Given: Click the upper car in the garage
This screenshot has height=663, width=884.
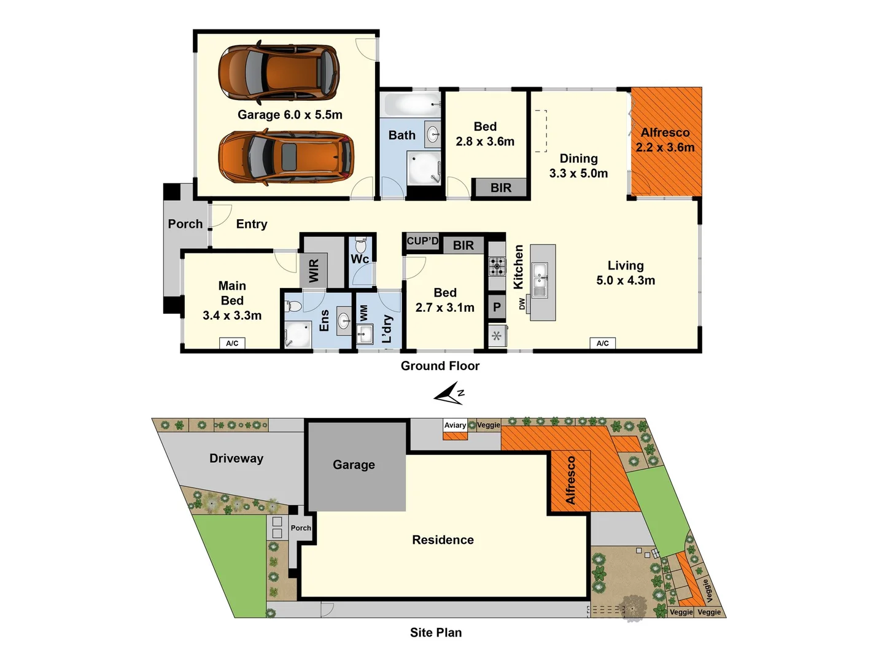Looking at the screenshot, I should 279,72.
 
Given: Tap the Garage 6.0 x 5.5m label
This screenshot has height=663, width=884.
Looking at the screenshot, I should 290,115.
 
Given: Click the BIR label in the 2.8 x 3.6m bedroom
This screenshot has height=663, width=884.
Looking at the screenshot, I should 501,188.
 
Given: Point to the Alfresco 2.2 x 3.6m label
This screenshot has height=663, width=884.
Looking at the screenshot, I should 665,140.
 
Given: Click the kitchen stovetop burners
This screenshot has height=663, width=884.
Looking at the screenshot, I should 497,266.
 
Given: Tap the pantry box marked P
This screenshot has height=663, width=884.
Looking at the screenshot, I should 497,307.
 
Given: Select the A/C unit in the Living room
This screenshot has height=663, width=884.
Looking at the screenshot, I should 602,343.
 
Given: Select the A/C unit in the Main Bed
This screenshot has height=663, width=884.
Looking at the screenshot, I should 232,343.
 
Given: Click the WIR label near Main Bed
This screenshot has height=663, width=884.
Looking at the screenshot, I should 314,271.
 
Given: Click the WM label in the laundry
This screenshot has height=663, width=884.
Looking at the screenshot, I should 364,313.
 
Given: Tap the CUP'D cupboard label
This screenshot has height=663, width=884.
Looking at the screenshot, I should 422,241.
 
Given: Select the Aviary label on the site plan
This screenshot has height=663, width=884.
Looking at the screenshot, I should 455,425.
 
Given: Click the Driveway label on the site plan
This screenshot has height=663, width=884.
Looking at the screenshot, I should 236,459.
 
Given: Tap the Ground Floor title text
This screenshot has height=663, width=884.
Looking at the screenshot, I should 440,366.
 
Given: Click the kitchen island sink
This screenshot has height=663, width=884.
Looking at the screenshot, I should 540,279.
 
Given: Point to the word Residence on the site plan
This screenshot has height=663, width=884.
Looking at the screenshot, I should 443,540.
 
